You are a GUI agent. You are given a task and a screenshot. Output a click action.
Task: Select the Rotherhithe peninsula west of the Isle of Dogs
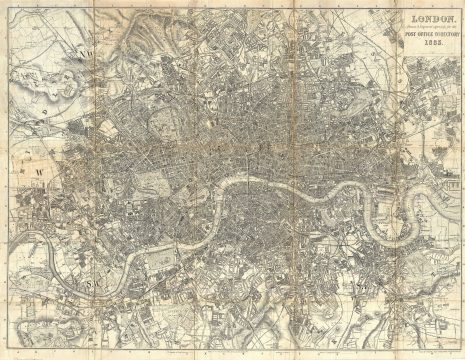(x=335, y=205)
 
